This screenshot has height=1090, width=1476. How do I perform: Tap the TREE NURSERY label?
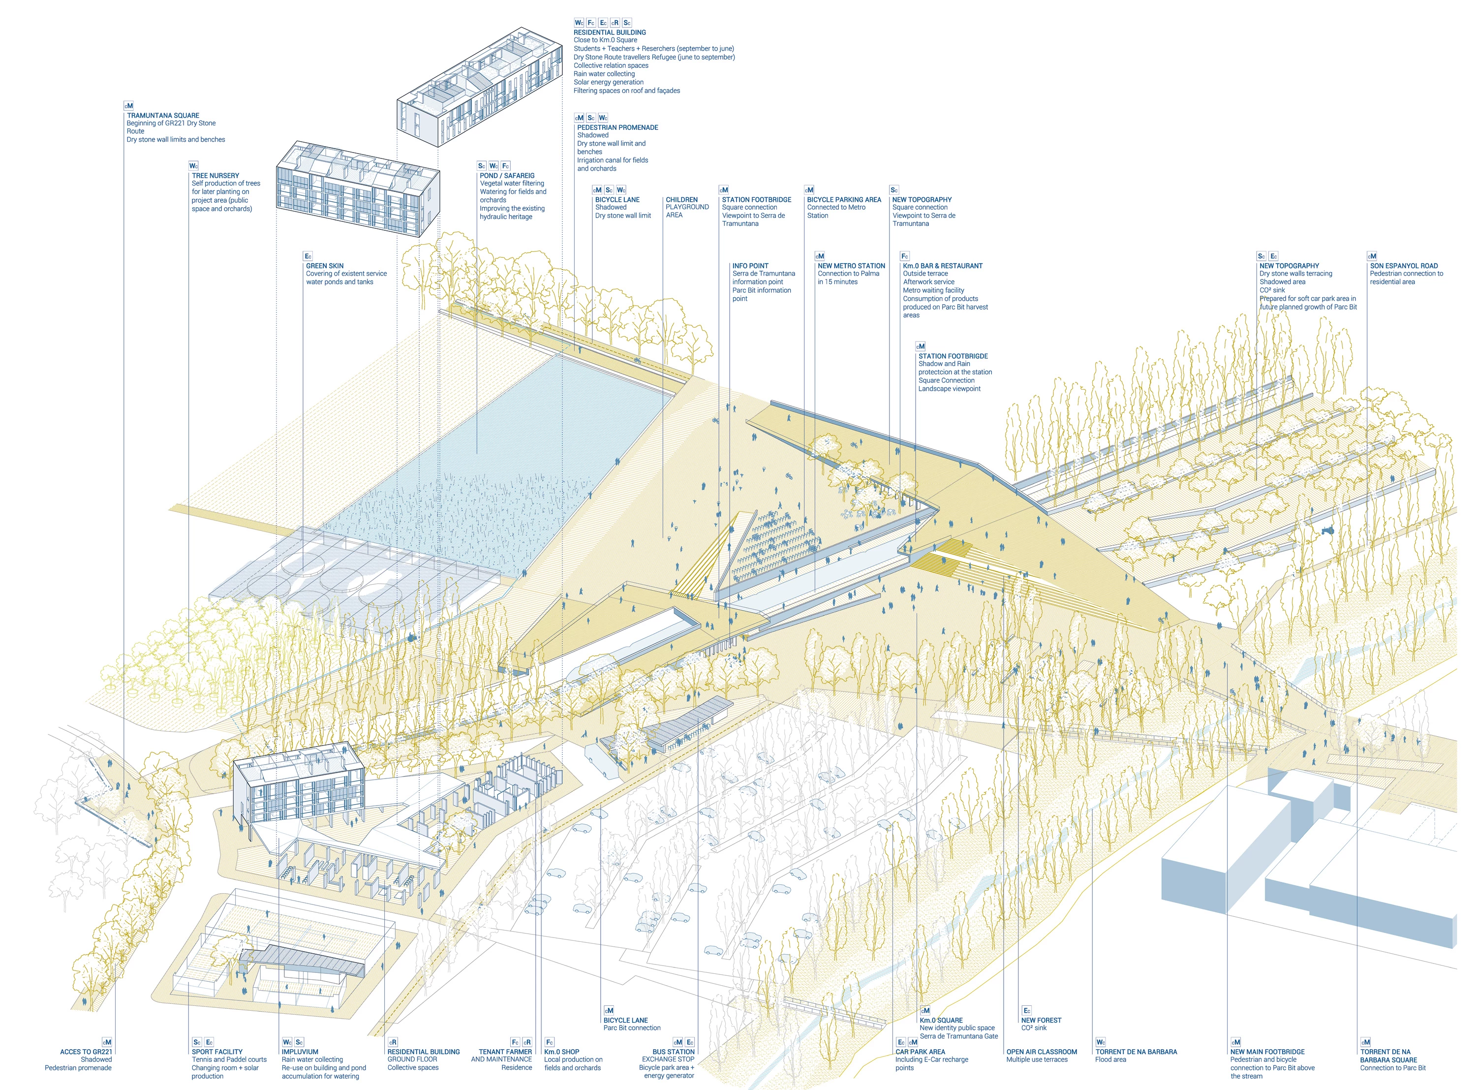pos(215,176)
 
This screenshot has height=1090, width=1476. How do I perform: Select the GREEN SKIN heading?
pos(325,266)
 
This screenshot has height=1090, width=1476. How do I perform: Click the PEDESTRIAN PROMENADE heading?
pos(617,127)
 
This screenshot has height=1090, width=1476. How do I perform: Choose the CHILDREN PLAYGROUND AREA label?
pos(686,207)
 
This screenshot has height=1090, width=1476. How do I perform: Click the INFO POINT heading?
pos(750,266)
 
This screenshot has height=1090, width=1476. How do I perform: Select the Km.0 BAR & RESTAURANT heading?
pos(943,266)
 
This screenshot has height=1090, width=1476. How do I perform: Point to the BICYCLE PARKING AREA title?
pos(843,199)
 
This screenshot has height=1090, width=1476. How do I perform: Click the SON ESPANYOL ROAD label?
pos(1404,266)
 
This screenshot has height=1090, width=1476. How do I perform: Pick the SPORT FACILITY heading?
pos(217,1052)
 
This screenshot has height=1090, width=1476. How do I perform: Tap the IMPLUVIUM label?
pos(300,1052)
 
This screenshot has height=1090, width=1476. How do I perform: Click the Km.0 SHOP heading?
pos(561,1052)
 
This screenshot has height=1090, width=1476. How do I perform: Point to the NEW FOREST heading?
pos(1041,1020)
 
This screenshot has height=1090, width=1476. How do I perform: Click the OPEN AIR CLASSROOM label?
pos(1042,1052)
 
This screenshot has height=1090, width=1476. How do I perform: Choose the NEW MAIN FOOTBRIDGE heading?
pos(1267,1052)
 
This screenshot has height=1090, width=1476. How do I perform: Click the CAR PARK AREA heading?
pos(920,1052)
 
